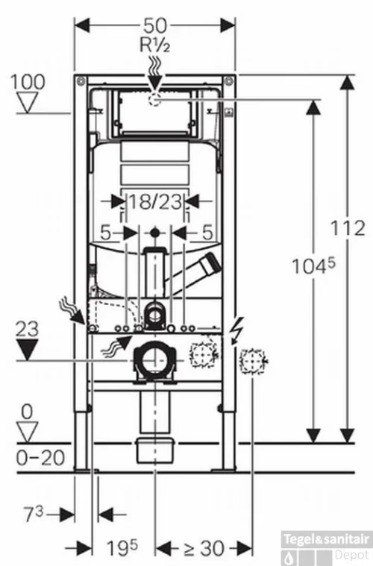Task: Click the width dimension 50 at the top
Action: tap(155, 25)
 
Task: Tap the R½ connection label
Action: tap(154, 45)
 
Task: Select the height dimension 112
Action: tap(348, 228)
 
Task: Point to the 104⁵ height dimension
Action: tap(313, 266)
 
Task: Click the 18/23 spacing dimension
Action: tap(155, 201)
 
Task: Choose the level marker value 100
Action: tap(28, 82)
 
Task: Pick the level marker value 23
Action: tap(27, 329)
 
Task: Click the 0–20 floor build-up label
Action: tap(40, 458)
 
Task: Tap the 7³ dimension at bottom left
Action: tap(34, 514)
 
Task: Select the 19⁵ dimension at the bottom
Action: tap(122, 547)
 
